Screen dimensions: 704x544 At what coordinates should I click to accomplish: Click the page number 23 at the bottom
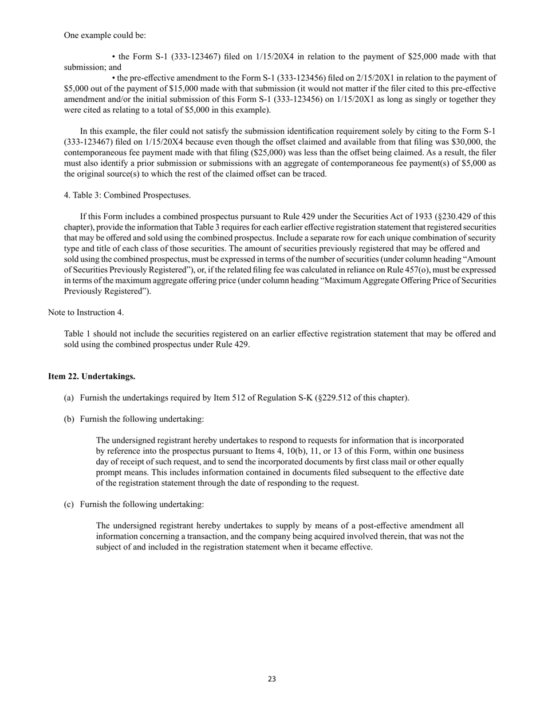271,679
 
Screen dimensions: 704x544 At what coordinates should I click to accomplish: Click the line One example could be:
105,35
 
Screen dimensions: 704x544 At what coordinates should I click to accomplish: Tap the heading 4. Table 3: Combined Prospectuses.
127,195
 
